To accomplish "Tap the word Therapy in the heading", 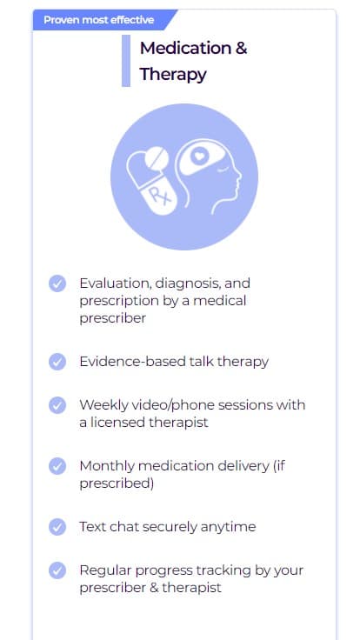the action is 173,74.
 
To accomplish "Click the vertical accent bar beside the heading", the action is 126,61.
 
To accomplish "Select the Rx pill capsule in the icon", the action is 151,185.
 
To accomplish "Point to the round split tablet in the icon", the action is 157,159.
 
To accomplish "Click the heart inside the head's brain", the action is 199,157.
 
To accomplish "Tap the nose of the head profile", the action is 238,177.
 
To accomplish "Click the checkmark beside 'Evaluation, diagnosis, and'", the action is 57,283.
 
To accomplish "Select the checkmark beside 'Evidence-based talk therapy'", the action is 57,362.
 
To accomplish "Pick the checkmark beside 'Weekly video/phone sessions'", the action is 57,405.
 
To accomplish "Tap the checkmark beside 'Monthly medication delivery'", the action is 57,466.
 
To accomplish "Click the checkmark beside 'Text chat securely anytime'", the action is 57,527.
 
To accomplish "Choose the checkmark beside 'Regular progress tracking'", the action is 57,570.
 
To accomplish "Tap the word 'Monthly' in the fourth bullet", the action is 105,467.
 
